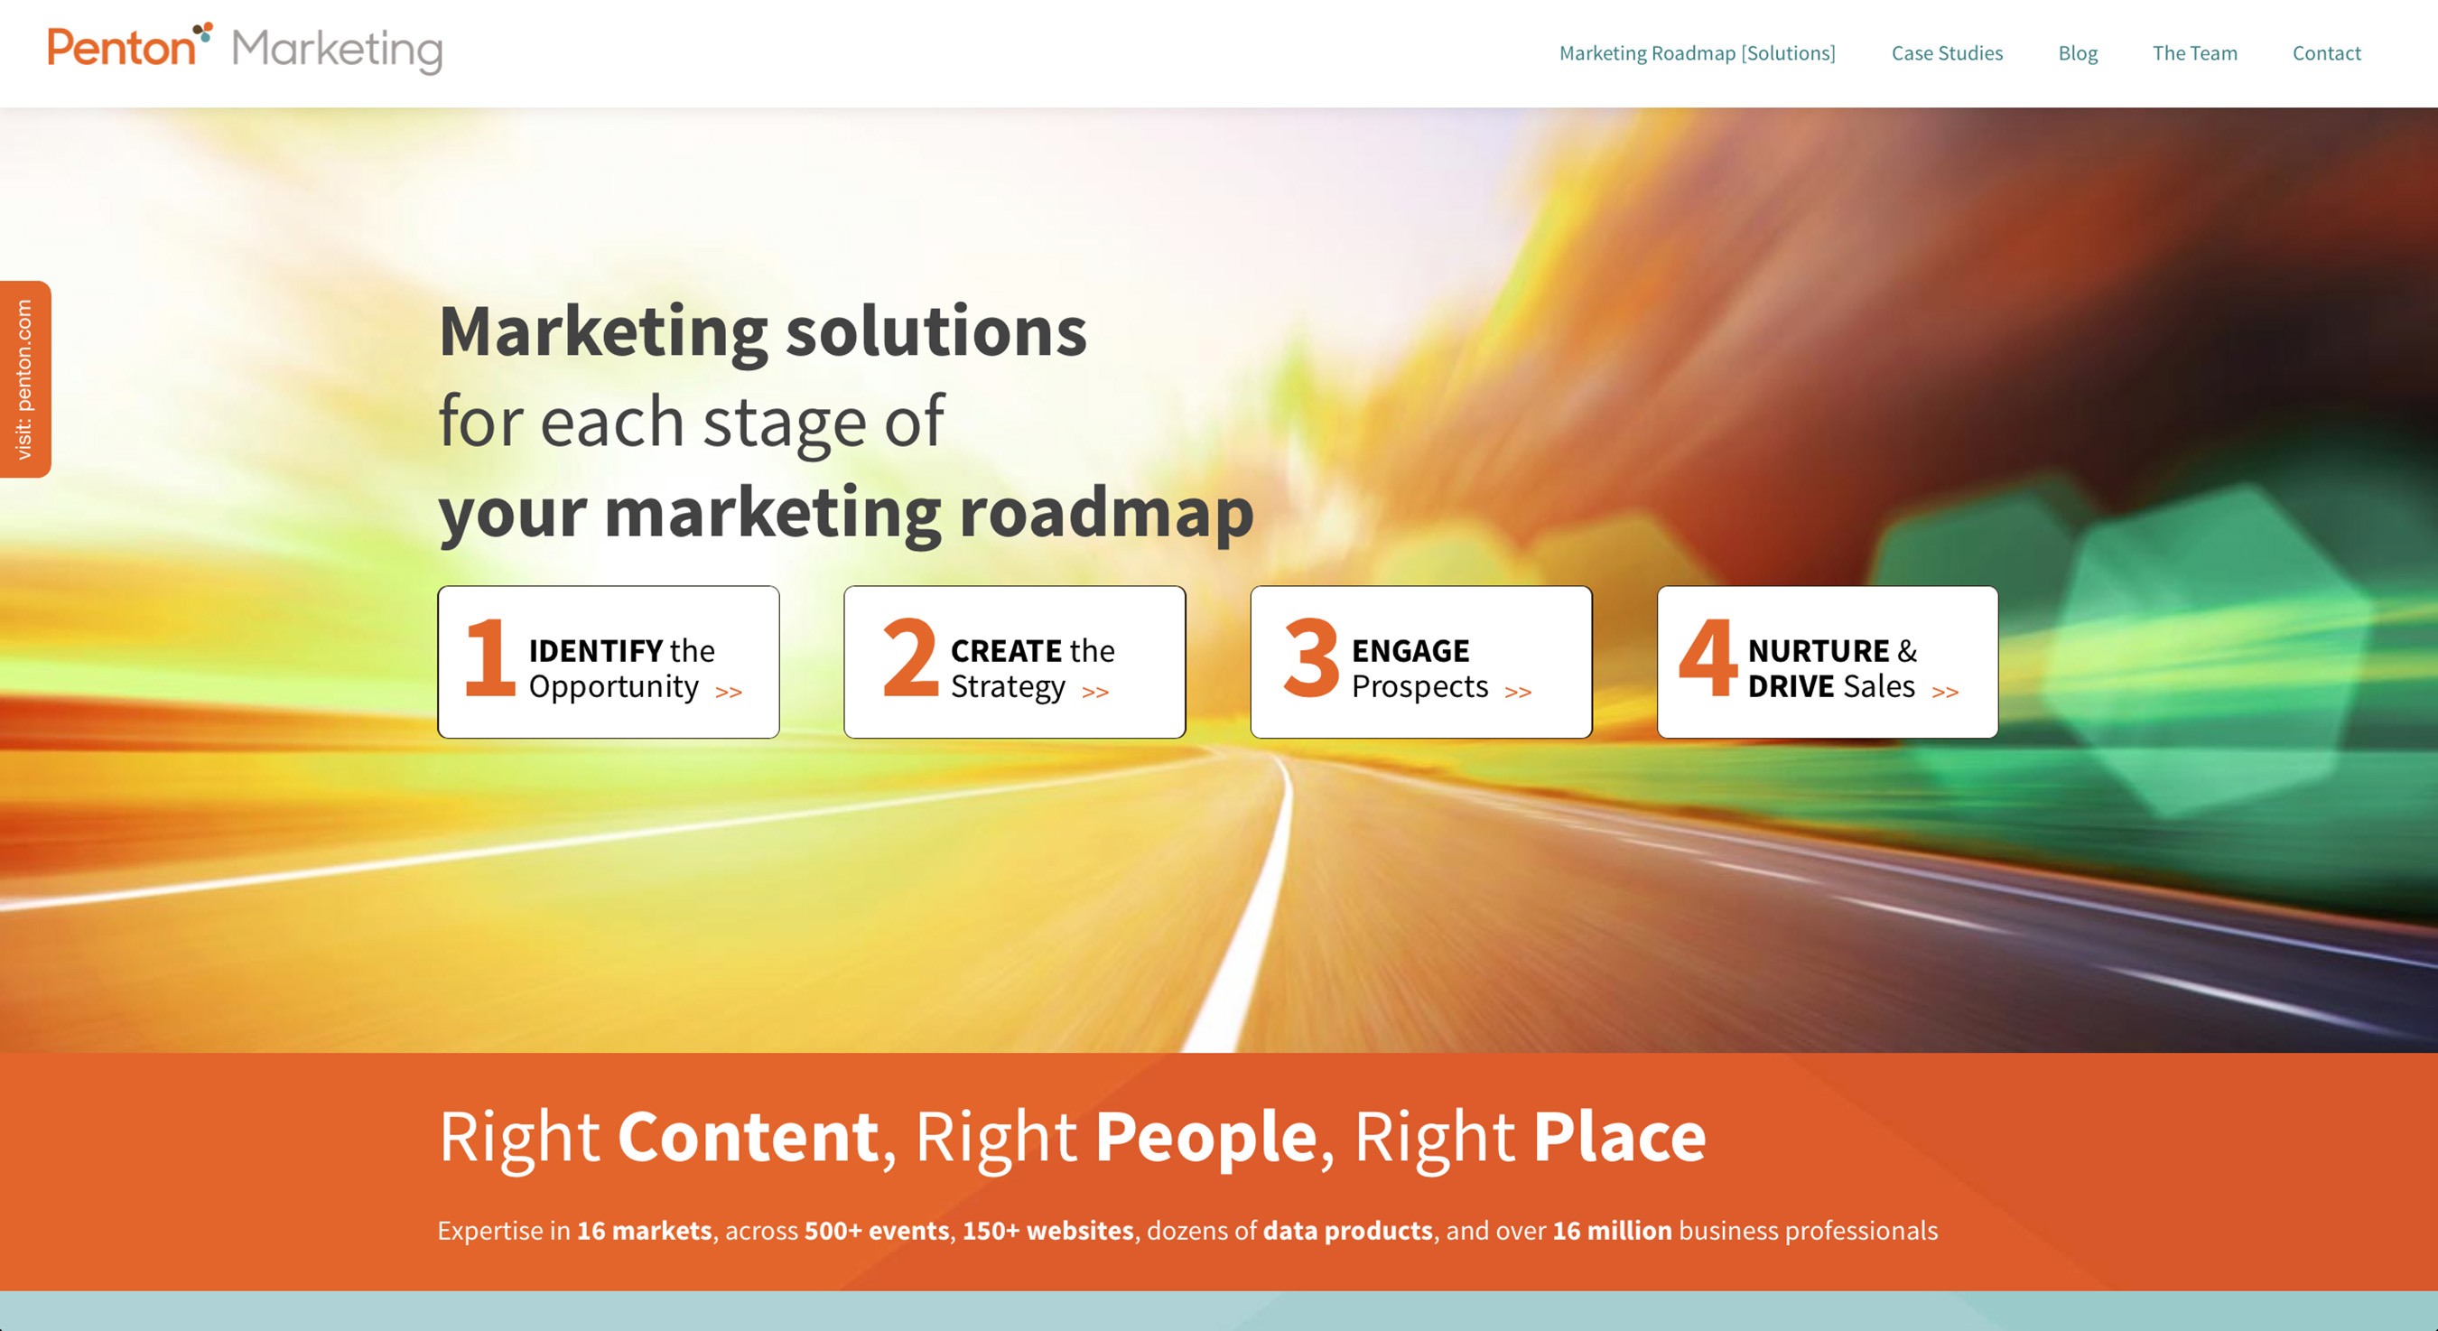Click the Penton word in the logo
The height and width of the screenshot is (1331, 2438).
click(x=121, y=47)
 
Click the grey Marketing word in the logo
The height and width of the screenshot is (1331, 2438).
click(x=337, y=51)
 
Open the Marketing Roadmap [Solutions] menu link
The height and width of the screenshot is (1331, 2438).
click(x=1697, y=53)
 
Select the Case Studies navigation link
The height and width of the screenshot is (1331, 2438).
click(x=1947, y=53)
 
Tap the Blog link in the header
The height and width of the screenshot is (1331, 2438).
click(x=2078, y=53)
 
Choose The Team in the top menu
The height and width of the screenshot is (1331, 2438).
click(x=2194, y=53)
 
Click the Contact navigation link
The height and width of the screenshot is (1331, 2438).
click(x=2325, y=53)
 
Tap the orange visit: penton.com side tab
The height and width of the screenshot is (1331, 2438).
click(x=24, y=378)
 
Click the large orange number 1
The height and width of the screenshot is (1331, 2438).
click(x=489, y=658)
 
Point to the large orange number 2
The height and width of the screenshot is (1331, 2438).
click(x=909, y=658)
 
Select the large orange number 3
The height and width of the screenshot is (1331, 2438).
click(x=1311, y=658)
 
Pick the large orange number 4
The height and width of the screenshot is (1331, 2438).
click(x=1708, y=658)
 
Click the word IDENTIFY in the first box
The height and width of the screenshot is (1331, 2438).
click(x=595, y=650)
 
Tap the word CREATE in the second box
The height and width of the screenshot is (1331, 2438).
click(x=1006, y=650)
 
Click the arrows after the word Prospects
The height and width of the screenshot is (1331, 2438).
click(x=1517, y=692)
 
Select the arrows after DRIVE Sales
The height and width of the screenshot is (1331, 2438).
click(x=1944, y=692)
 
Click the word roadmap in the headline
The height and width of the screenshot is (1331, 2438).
click(x=1105, y=512)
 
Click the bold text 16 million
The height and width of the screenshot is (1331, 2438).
click(x=1611, y=1231)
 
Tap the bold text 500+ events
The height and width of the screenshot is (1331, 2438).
click(x=876, y=1231)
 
